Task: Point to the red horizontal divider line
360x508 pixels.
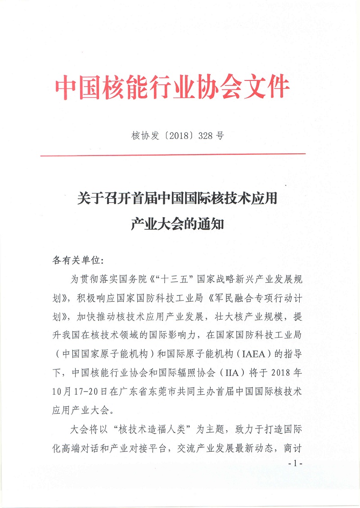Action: click(173, 155)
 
